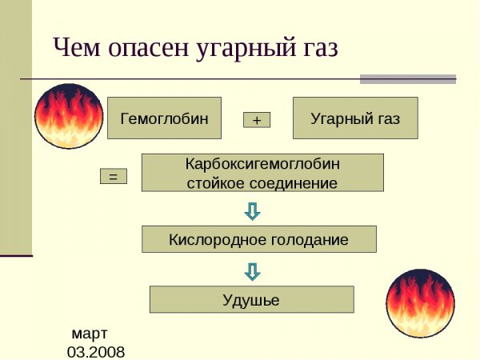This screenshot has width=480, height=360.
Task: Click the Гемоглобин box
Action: tap(164, 119)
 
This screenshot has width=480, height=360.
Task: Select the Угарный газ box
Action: tap(354, 119)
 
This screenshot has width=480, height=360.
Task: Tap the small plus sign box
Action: tap(257, 120)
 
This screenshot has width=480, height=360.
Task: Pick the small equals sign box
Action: tap(113, 177)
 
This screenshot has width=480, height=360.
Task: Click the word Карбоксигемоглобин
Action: tap(262, 163)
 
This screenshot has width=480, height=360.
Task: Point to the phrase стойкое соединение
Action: tap(262, 182)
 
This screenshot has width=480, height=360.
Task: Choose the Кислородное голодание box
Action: tap(258, 239)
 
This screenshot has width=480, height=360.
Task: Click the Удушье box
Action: tap(251, 299)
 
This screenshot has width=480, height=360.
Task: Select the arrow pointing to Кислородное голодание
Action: tap(252, 211)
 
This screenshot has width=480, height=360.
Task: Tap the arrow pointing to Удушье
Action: tap(252, 272)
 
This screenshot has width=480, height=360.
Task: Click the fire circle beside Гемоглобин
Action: tap(70, 117)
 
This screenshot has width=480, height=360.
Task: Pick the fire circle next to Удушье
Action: tap(419, 303)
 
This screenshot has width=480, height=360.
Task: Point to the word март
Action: tap(90, 332)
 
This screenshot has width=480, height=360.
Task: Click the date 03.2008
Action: tap(96, 351)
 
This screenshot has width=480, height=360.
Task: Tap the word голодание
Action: tap(310, 239)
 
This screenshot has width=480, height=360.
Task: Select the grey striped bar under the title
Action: tap(407, 79)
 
